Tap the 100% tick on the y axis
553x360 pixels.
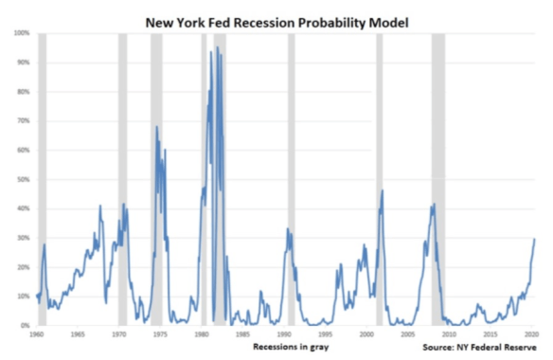22,33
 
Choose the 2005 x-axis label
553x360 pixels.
406,335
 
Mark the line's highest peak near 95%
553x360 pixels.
217,47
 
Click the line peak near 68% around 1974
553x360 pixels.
157,127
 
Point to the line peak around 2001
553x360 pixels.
383,190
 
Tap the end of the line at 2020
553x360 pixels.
534,239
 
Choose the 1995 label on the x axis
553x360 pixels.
325,335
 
